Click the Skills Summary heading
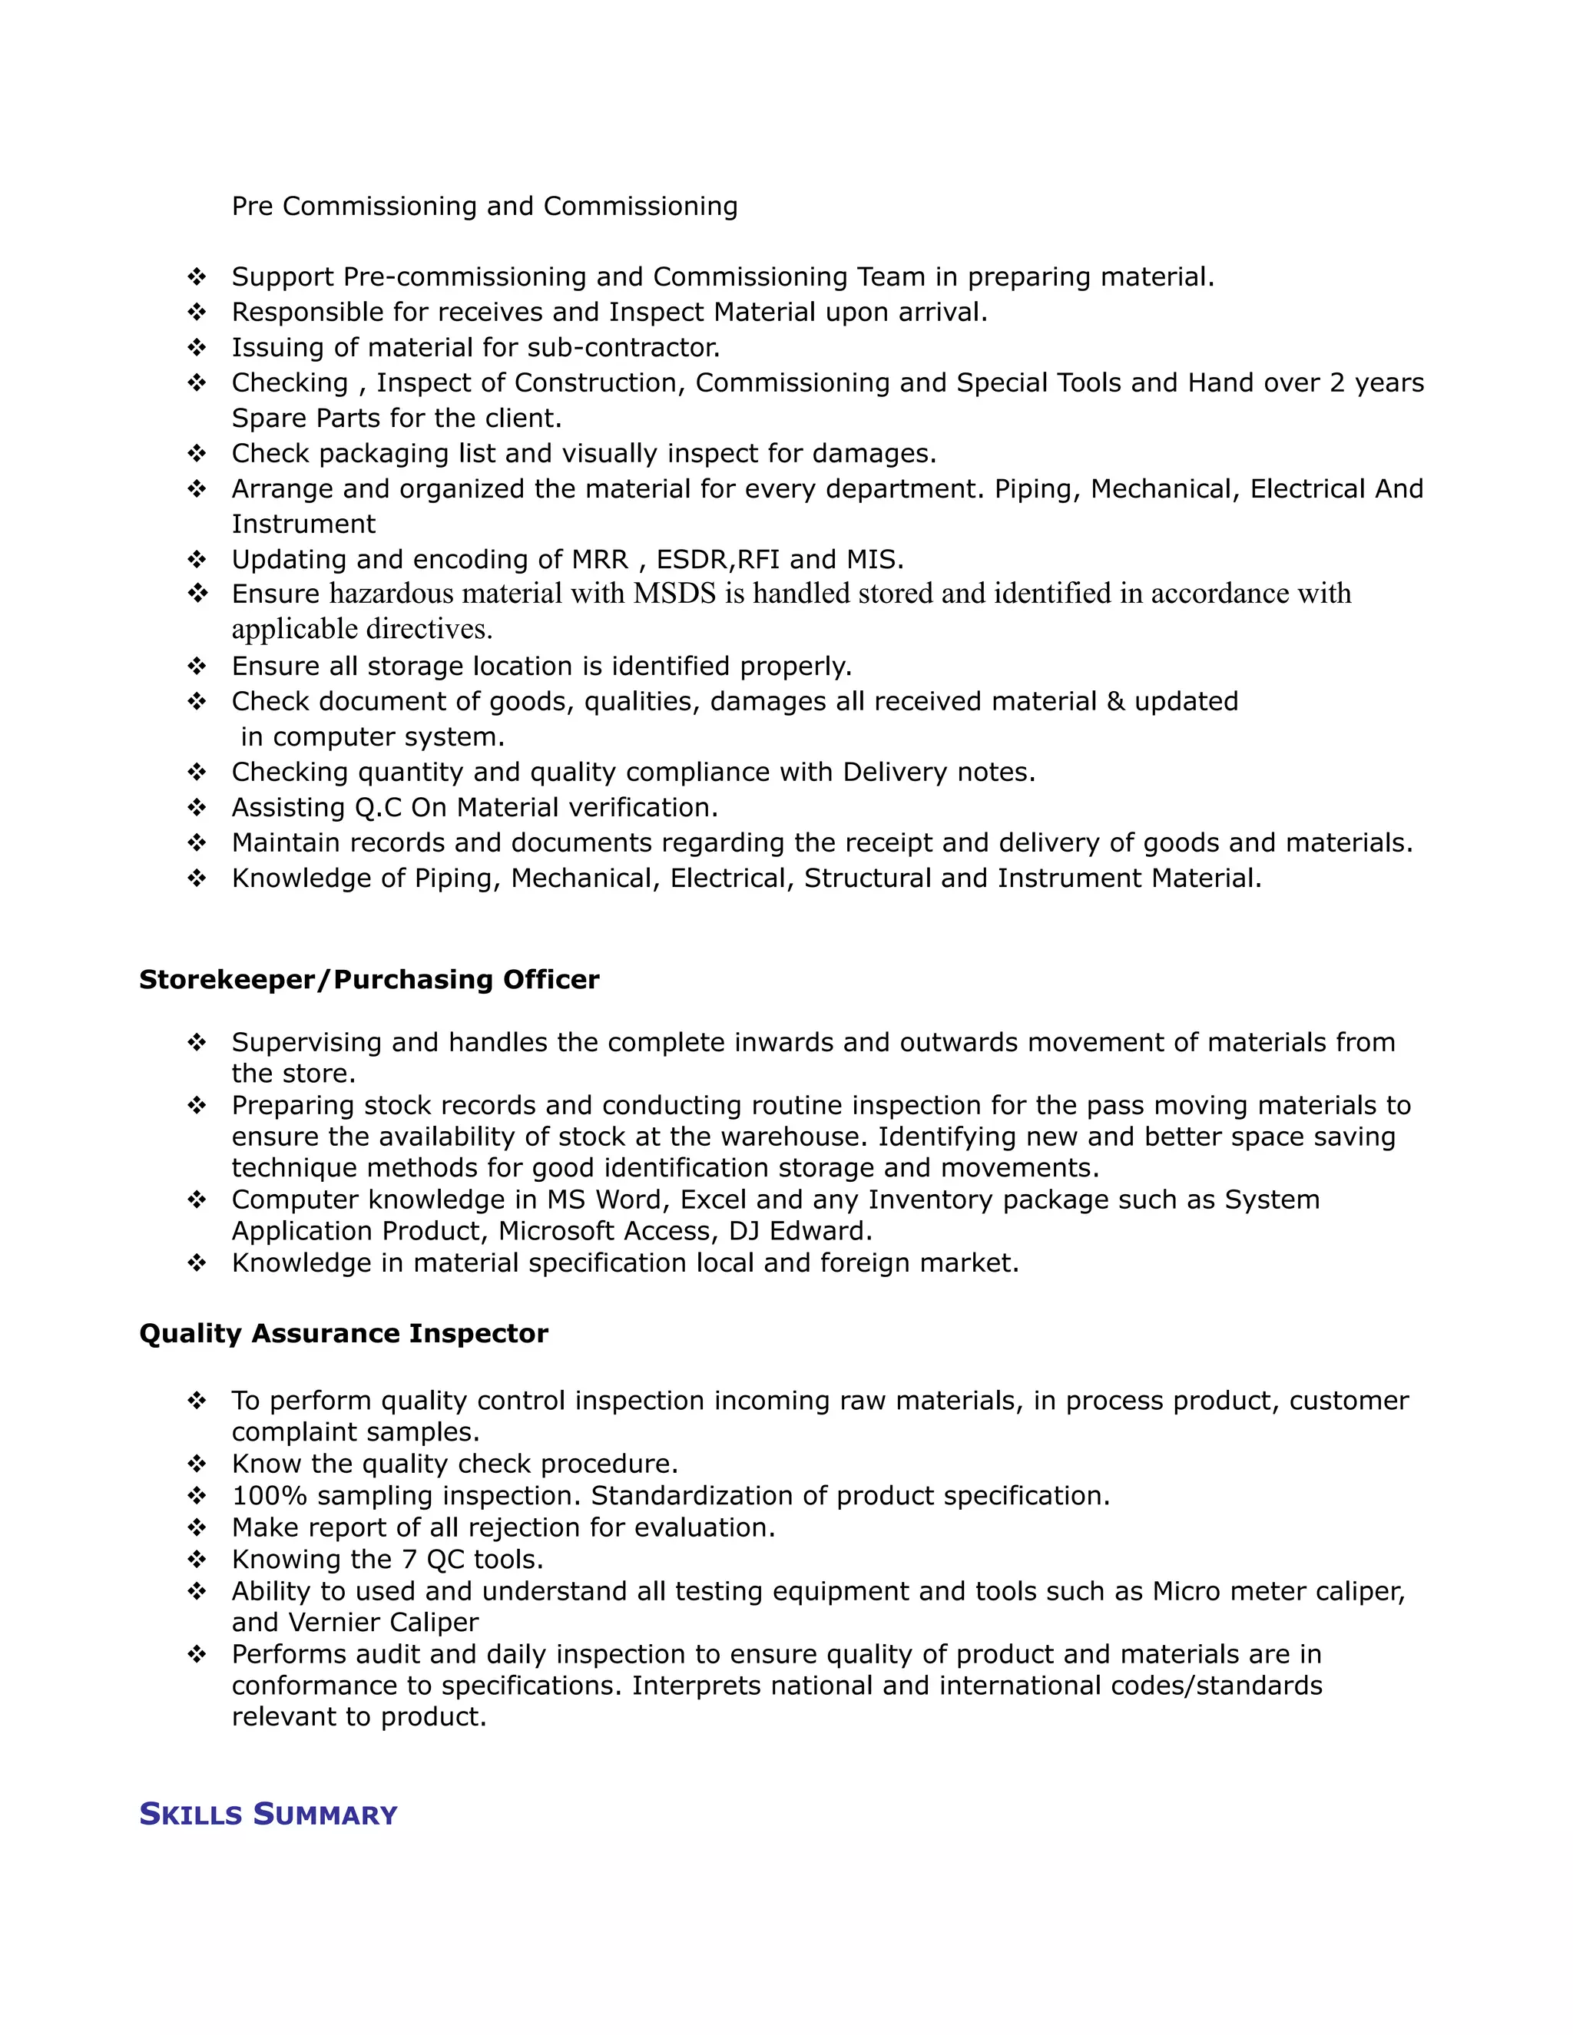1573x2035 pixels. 267,1814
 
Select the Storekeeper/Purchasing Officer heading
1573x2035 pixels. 369,979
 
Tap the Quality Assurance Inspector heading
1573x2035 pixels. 343,1333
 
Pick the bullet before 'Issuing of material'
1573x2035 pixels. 197,348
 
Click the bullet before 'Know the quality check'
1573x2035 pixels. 197,1464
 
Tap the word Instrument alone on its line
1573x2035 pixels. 303,524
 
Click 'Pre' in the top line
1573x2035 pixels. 252,206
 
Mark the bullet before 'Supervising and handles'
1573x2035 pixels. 197,1042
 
